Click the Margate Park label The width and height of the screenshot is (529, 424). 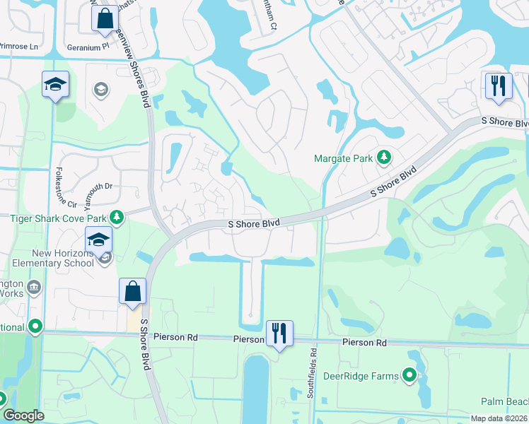[x=343, y=158]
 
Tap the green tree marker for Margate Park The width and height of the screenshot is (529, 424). [x=384, y=157]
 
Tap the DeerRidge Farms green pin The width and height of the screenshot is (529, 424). [x=409, y=376]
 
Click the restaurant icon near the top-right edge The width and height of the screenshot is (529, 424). [x=498, y=86]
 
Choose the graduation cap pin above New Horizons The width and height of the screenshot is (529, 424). [x=99, y=240]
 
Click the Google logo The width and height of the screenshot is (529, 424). [x=24, y=416]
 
